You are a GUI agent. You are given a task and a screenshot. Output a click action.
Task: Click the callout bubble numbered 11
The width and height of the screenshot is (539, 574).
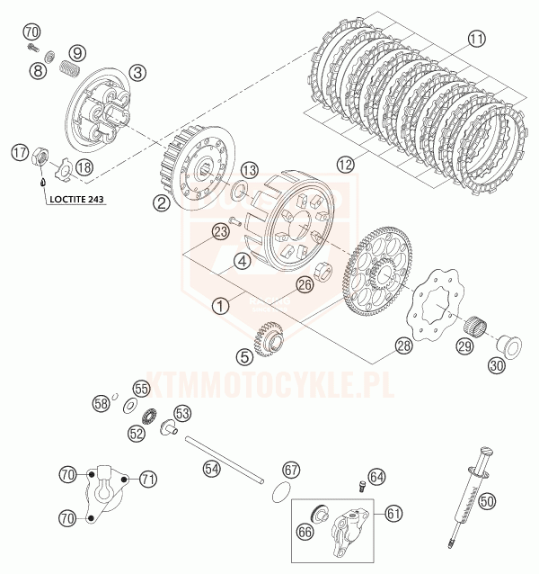coord(476,38)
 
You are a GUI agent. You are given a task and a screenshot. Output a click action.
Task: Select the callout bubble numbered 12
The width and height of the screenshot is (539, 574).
coord(345,165)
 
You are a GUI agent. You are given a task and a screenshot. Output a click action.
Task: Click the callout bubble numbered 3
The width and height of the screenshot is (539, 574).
coord(137,72)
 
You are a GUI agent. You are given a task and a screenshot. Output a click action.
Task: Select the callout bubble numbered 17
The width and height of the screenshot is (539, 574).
coord(20,153)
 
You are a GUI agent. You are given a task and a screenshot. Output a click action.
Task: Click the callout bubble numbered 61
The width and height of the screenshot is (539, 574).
coord(393,513)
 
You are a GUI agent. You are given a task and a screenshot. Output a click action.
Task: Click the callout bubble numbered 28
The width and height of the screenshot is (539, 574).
coord(402,345)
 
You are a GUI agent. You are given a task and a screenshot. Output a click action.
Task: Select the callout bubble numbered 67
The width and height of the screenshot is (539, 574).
coord(290,469)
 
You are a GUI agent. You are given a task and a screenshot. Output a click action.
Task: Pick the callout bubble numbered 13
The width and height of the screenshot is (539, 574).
coord(249,170)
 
